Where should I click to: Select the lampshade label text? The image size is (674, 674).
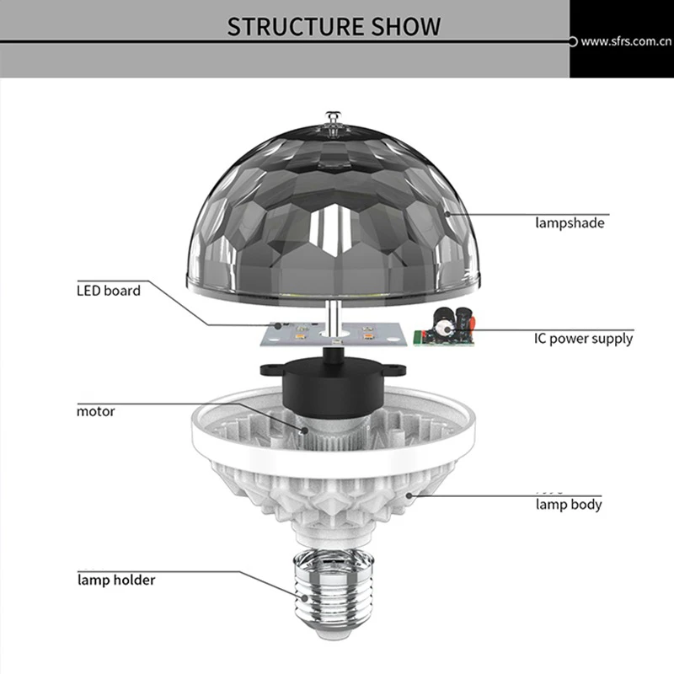pyautogui.click(x=570, y=223)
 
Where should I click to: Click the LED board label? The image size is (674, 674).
pyautogui.click(x=109, y=291)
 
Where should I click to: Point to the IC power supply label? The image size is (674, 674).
pyautogui.click(x=583, y=339)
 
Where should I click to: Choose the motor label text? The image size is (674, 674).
pyautogui.click(x=95, y=412)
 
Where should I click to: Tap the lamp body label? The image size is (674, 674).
pyautogui.click(x=569, y=505)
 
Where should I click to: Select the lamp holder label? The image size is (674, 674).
pyautogui.click(x=116, y=580)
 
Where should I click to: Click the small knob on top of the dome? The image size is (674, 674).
pyautogui.click(x=329, y=119)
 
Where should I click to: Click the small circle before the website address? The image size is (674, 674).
pyautogui.click(x=573, y=40)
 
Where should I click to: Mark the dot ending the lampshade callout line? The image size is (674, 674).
pyautogui.click(x=447, y=215)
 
